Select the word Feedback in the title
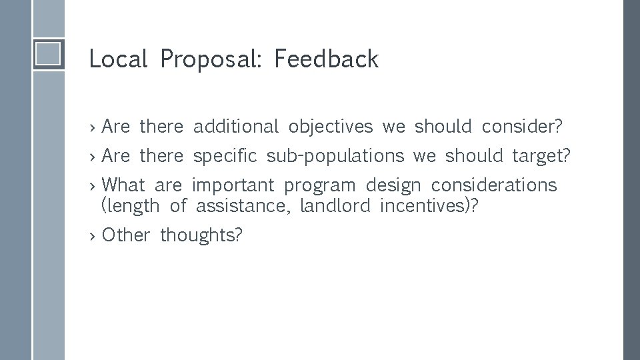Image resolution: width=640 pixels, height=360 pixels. tap(326, 59)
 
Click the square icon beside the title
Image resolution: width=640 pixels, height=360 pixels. tap(49, 53)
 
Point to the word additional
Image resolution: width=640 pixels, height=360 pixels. tap(235, 126)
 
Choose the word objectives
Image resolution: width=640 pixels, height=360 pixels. tap(330, 127)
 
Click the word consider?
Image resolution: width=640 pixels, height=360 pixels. tap(522, 126)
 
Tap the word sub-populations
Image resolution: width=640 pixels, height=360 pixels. tap(335, 156)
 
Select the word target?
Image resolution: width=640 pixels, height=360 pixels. tap(541, 156)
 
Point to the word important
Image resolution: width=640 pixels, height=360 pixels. tap(233, 185)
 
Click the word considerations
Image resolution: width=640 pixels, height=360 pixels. tap(493, 185)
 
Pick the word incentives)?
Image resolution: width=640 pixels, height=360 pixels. tap(429, 206)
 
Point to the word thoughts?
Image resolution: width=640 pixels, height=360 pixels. tap(201, 235)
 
